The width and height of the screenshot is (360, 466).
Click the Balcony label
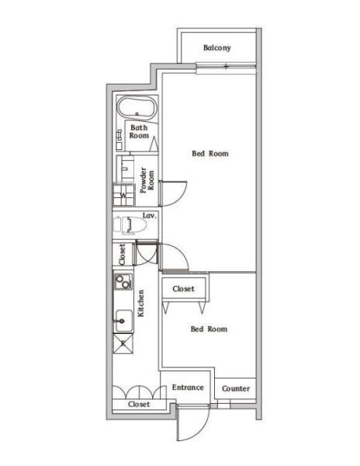coord(217,47)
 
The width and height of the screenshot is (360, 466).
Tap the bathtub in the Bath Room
coord(137,108)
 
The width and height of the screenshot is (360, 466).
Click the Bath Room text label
coord(139,132)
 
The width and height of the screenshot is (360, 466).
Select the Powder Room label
coord(147,180)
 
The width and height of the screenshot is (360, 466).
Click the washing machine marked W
coord(124,195)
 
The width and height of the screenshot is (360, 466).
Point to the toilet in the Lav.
coord(130,224)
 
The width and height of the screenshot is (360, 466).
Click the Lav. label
coord(149,215)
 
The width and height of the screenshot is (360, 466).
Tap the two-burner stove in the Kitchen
coord(123,281)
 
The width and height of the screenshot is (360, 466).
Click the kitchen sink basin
coord(124,321)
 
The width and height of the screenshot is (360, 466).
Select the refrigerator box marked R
coord(123,343)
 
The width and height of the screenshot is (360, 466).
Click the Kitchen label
coord(141,303)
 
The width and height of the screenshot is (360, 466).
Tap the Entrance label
coord(188,388)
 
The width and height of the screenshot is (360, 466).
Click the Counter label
coord(236,388)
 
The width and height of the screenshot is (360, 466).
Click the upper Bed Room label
coord(210,153)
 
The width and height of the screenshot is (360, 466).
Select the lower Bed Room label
coord(209,329)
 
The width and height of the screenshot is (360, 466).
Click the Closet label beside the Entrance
coord(139,404)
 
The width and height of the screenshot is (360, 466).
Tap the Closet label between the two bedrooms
coord(183,289)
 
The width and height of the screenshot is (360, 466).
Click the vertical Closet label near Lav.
coord(122,255)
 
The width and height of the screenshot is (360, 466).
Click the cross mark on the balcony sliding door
coord(226,67)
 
